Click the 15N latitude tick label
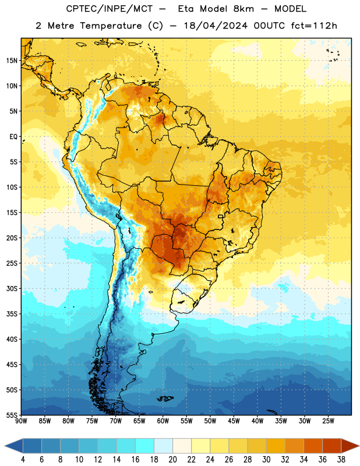coord(12,61)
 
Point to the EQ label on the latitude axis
coord(13,137)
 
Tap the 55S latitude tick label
coord(12,415)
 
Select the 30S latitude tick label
coord(12,288)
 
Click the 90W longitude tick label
coord(21,421)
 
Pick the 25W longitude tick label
coord(328,421)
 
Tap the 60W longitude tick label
coord(163,421)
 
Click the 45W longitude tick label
coord(234,421)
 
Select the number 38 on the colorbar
coord(341,460)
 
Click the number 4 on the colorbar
coord(23,460)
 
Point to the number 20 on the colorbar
coord(172,460)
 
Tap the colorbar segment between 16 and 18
coord(145,446)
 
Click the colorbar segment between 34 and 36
coord(313,446)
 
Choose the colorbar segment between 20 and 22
coord(182,446)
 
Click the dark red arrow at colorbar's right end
coord(350,446)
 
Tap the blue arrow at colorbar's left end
coord(14,446)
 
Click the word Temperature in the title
coord(111,26)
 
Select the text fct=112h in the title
coord(314,26)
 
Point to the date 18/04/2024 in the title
coord(216,26)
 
